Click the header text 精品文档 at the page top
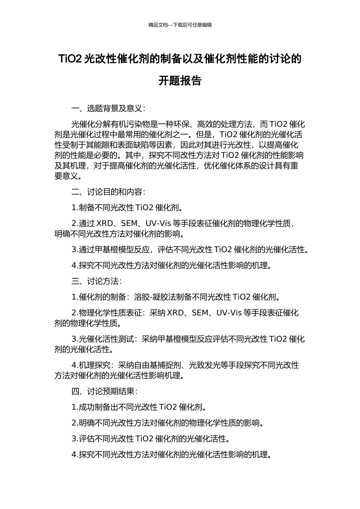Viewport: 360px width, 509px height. coord(158,25)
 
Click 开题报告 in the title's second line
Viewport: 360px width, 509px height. coord(180,81)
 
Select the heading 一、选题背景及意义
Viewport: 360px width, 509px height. coord(108,109)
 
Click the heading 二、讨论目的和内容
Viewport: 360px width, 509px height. coord(108,192)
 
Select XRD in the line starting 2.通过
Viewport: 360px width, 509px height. coord(105,223)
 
